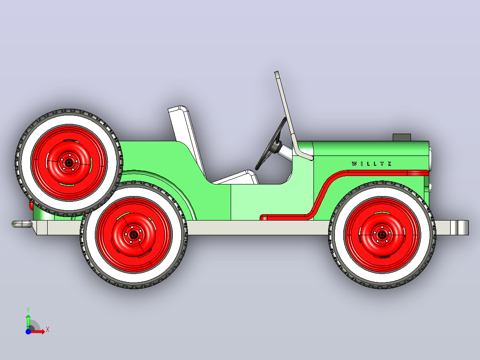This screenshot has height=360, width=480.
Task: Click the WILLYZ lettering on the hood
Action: pyautogui.click(x=371, y=164)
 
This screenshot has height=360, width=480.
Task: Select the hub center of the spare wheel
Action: pyautogui.click(x=69, y=163)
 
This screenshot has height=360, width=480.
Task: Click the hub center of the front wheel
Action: pyautogui.click(x=382, y=235)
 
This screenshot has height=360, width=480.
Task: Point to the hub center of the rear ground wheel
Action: pyautogui.click(x=134, y=235)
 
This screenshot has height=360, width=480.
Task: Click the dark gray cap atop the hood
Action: pyautogui.click(x=402, y=137)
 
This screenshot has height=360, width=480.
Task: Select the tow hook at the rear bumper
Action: pyautogui.click(x=21, y=224)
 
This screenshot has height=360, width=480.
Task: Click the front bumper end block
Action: pyautogui.click(x=459, y=228)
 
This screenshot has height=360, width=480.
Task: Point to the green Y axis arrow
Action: pyautogui.click(x=28, y=320)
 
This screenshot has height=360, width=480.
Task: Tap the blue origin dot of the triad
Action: pyautogui.click(x=28, y=331)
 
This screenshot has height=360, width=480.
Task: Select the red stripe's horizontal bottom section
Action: pyautogui.click(x=286, y=217)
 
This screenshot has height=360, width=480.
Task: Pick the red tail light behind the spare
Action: pyautogui.click(x=31, y=205)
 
